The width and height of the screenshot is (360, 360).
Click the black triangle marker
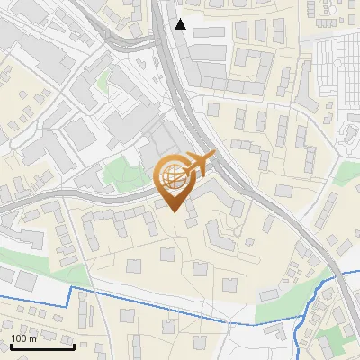coord(181,24)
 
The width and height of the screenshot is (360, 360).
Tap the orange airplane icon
coord(199,163)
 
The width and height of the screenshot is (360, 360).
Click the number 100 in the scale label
coord(18,338)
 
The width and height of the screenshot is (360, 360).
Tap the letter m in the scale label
coord(32,338)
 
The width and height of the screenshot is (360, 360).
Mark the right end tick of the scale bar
coord(75,345)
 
